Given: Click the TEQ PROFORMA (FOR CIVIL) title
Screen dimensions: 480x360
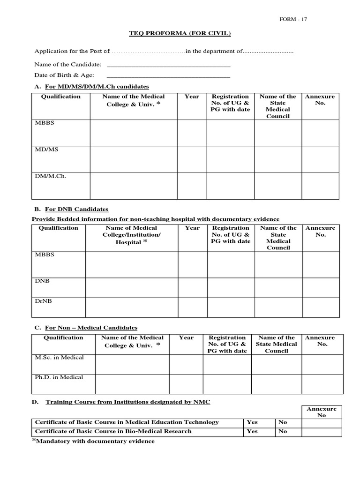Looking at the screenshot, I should pos(173,33).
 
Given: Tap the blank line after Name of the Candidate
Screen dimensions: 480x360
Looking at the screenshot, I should pos(169,65).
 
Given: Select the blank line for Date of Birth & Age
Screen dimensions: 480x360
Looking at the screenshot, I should pos(169,75).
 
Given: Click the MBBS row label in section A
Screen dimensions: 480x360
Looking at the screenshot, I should pos(45,123).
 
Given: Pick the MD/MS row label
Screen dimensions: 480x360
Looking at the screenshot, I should pos(46,150).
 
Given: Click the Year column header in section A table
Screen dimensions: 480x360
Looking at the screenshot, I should pos(192,97).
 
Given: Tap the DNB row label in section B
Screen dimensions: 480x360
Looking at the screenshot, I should pos(42,281).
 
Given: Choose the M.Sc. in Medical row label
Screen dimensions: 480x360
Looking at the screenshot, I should pos(60,358).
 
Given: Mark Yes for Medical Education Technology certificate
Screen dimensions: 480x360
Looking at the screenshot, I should pos(252,422).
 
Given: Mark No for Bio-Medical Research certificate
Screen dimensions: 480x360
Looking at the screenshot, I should pos(283,431).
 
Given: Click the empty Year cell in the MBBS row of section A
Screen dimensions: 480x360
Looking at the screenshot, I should pos(192,133).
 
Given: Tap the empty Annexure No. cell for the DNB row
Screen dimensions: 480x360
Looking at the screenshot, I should pos(321,288).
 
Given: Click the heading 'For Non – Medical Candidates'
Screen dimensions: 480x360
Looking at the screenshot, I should pos(91,328).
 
